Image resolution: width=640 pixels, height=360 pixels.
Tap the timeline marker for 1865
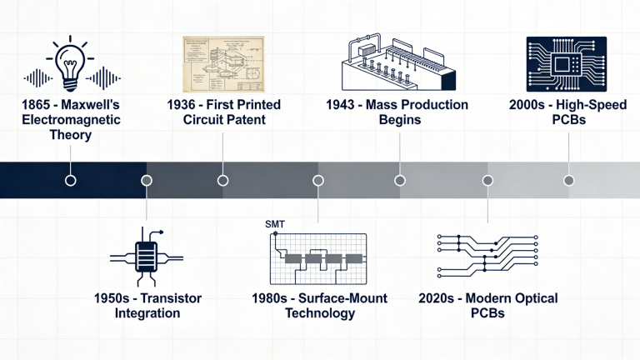71,180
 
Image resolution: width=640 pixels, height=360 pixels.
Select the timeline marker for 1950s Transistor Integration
147,180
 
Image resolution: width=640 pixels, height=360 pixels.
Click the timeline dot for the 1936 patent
222,180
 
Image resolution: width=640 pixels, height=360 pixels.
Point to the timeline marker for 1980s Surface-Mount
317,180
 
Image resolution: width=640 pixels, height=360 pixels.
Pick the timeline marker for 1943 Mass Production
400,180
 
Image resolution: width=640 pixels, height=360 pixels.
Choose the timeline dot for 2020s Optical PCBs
487,180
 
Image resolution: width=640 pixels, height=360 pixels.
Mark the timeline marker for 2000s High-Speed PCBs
568,180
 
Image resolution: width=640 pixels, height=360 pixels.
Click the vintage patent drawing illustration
222,63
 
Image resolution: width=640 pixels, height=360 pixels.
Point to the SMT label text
273,224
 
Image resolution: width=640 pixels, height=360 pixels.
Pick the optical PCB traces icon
487,253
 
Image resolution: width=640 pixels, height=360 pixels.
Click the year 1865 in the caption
17,106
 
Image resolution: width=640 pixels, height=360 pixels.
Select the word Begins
397,120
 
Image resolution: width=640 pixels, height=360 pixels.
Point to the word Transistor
172,298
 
